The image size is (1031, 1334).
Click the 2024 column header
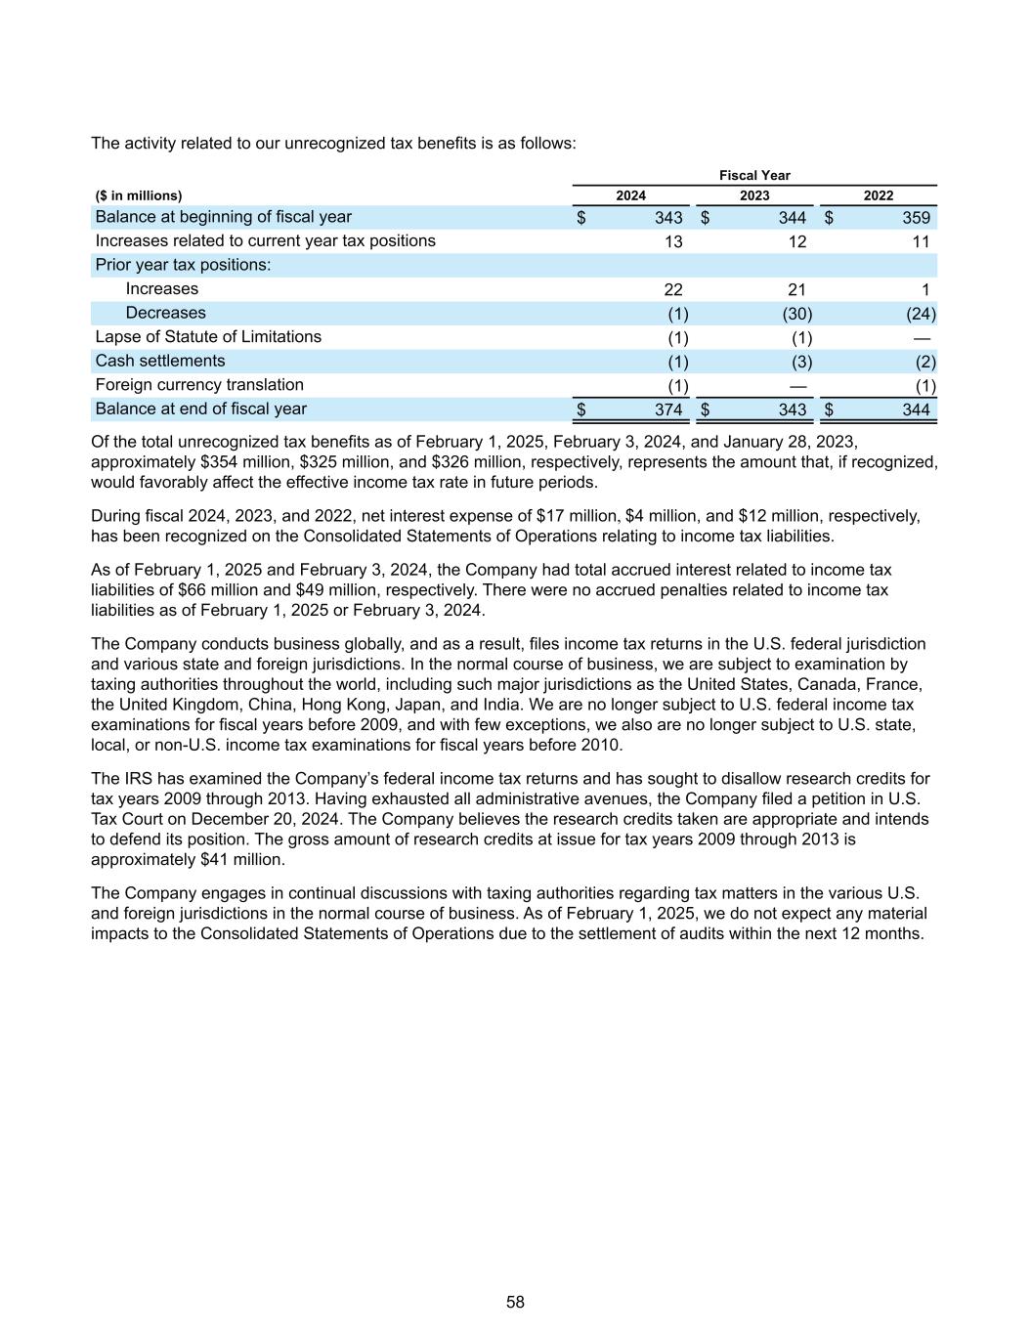(630, 195)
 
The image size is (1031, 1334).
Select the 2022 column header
(878, 195)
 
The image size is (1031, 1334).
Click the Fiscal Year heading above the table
(754, 175)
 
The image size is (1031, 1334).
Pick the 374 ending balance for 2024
(668, 409)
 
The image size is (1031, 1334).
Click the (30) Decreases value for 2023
(796, 314)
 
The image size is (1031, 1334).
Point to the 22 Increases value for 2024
(672, 289)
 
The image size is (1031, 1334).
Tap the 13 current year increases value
(672, 241)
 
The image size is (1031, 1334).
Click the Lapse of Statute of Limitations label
(208, 337)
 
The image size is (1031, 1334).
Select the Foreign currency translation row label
(199, 385)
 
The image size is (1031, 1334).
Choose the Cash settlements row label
(160, 362)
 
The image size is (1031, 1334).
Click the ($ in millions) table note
(139, 195)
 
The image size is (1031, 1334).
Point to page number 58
(515, 1302)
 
